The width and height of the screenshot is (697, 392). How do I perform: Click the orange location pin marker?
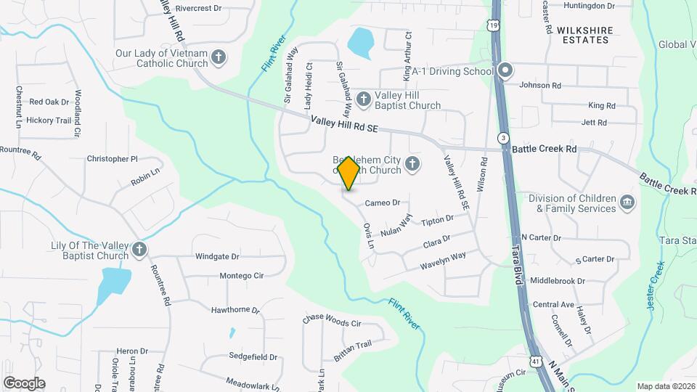pyautogui.click(x=349, y=173)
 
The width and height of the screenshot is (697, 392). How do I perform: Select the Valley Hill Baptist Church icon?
pyautogui.click(x=362, y=98)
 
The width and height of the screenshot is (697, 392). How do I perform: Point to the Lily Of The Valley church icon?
pyautogui.click(x=138, y=250)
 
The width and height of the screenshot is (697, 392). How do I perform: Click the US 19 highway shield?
pyautogui.click(x=494, y=25)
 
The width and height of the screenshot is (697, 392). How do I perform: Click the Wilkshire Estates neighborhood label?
pyautogui.click(x=584, y=35)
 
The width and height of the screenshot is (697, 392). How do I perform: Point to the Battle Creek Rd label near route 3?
pyautogui.click(x=544, y=149)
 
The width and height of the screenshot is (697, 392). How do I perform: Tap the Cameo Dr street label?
pyautogui.click(x=383, y=203)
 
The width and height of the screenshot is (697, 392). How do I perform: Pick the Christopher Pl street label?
pyautogui.click(x=112, y=158)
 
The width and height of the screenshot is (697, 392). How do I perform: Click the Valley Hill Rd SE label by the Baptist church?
pyautogui.click(x=345, y=125)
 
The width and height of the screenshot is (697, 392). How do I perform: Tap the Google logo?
pyautogui.click(x=24, y=383)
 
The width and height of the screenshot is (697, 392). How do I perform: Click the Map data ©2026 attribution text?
pyautogui.click(x=665, y=386)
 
